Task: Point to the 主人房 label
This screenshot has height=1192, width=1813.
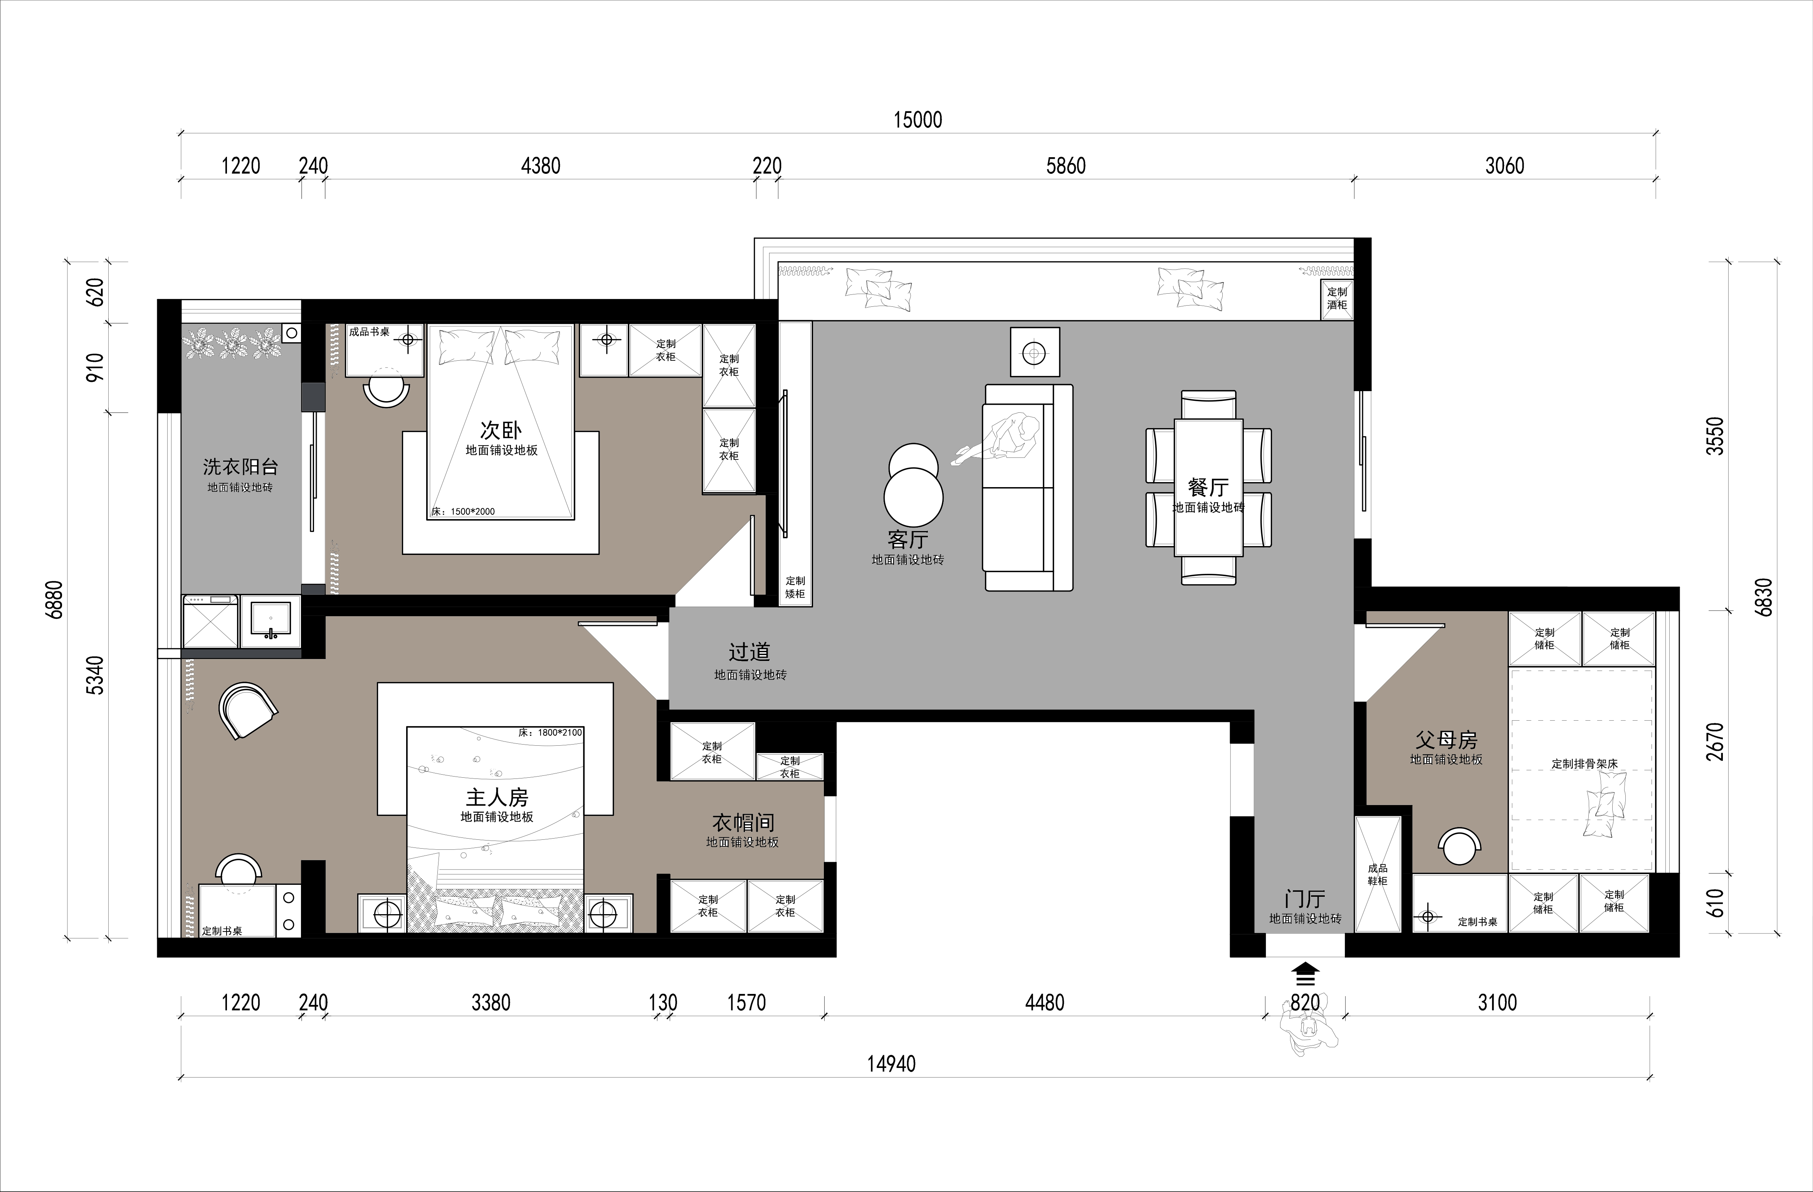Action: click(x=497, y=797)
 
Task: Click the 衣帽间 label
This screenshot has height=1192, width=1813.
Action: click(x=743, y=822)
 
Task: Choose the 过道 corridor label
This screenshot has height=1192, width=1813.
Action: click(x=749, y=652)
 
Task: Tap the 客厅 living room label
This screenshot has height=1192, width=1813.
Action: click(x=907, y=539)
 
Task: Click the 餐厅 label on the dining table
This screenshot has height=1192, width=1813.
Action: click(x=1208, y=487)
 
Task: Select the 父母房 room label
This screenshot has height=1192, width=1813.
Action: click(x=1446, y=740)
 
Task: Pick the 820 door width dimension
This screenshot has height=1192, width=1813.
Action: click(x=1305, y=1002)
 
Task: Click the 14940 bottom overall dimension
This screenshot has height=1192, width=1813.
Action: click(x=891, y=1063)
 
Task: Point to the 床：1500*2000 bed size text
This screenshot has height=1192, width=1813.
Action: click(x=463, y=511)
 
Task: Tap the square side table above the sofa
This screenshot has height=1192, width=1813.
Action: click(x=1035, y=352)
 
